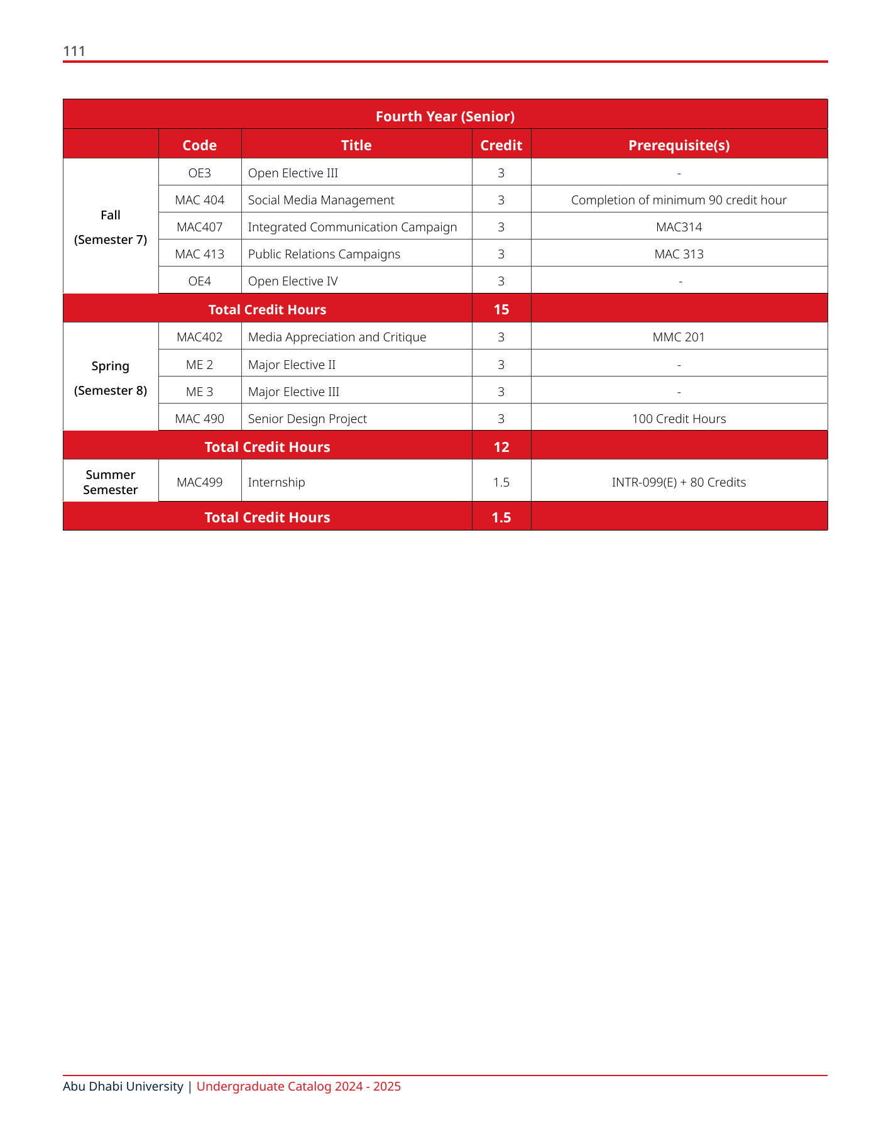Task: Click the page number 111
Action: coord(74,51)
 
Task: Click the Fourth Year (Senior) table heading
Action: coord(445,116)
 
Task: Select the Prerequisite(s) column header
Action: coord(679,145)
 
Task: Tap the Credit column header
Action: coord(501,145)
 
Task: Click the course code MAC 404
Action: coord(199,200)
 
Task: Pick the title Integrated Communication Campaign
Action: coord(352,227)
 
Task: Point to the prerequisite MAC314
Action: coord(679,227)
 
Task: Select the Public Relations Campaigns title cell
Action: coord(324,254)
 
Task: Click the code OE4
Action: coord(199,281)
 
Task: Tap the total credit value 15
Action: coord(501,309)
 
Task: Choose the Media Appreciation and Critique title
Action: coord(337,337)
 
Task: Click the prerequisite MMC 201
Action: coord(679,337)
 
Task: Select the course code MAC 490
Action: coord(199,419)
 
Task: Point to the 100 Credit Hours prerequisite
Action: coord(679,419)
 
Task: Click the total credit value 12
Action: coord(501,447)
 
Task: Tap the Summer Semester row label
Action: coord(111,482)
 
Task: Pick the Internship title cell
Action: coord(276,482)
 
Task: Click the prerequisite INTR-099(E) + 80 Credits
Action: coord(679,482)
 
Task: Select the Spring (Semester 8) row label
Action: coord(111,378)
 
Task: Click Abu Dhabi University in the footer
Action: coord(123,1086)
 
